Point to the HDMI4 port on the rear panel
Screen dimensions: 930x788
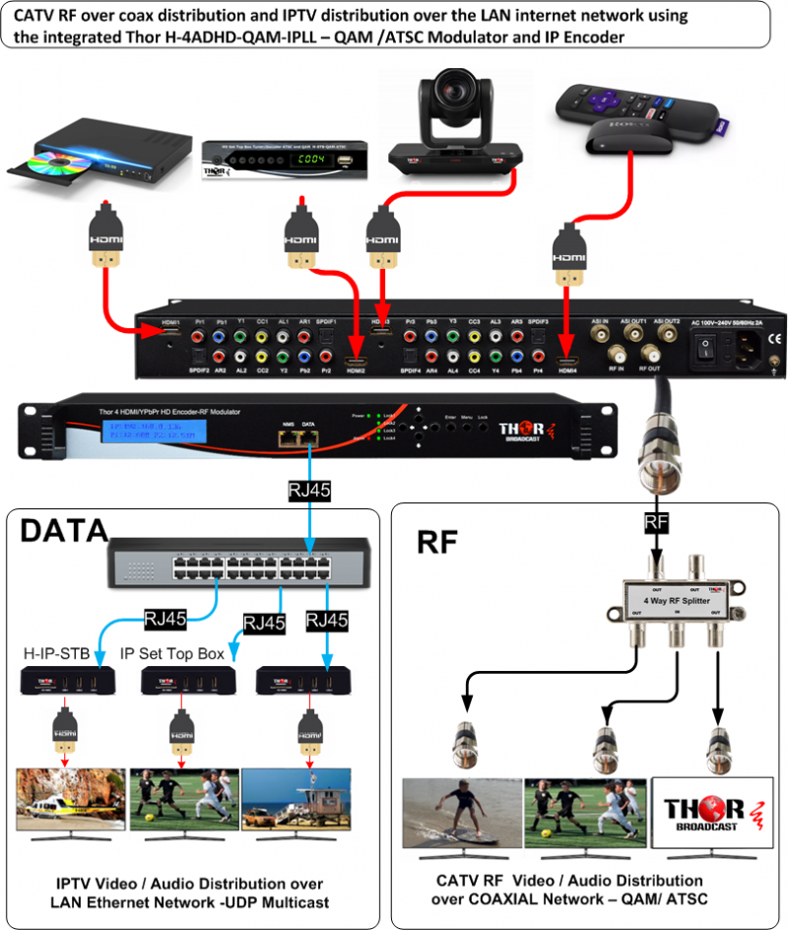(x=567, y=368)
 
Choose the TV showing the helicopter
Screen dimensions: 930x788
(x=69, y=800)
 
